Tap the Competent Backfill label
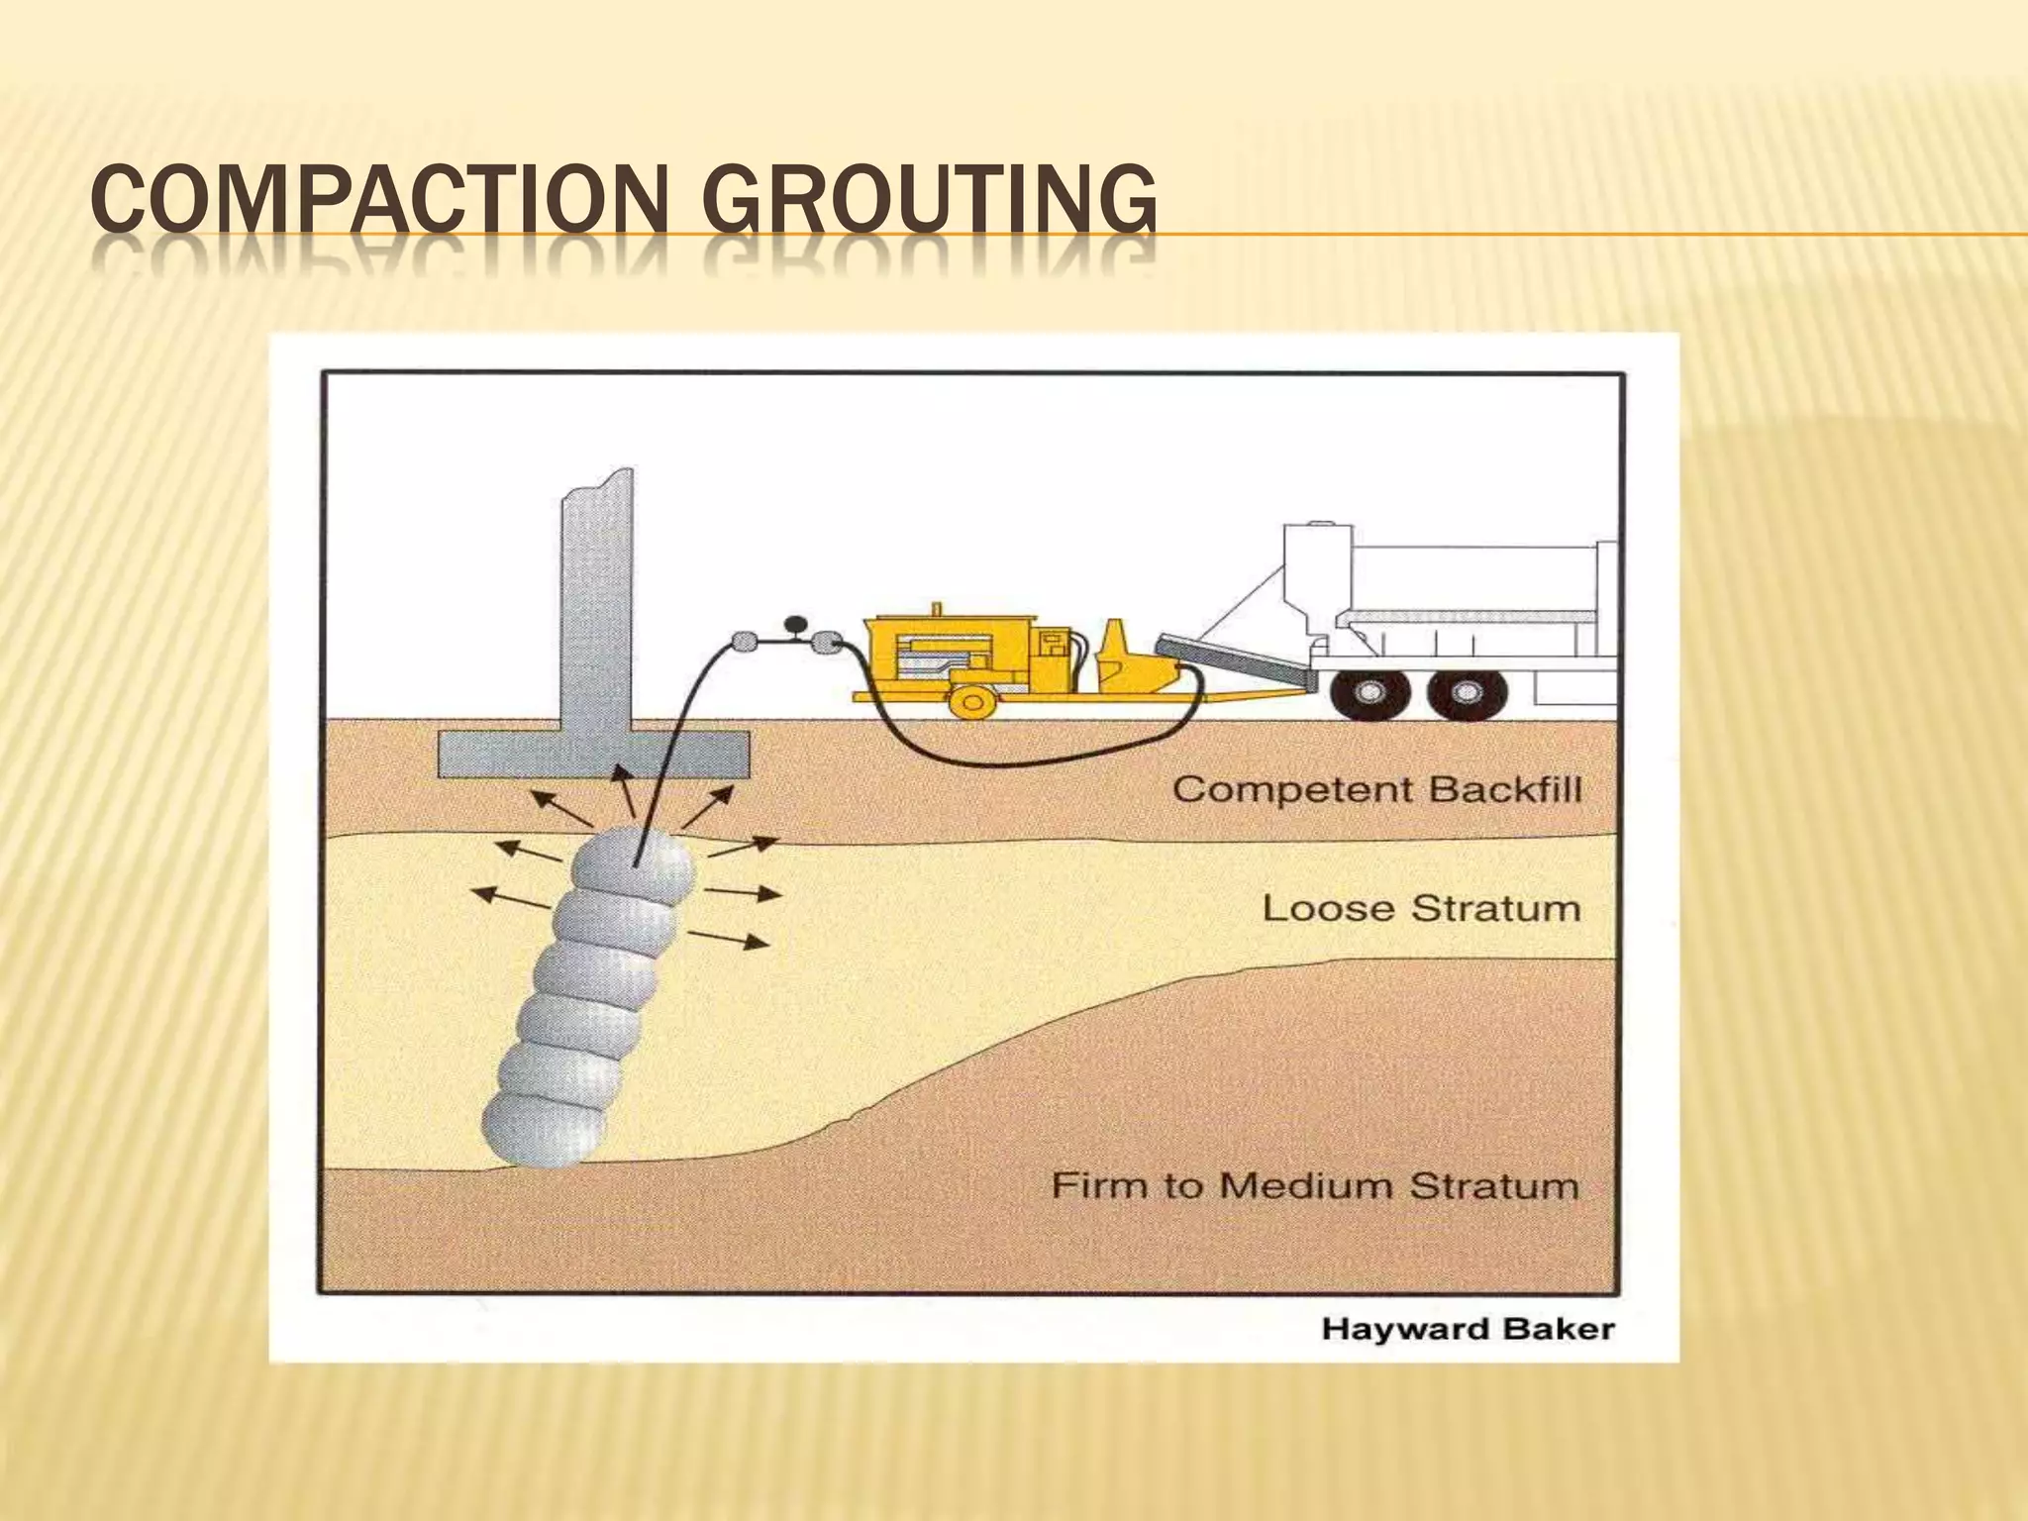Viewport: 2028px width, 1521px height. point(1377,790)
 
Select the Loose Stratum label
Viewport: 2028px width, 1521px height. point(1421,908)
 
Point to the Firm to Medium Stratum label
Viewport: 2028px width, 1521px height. point(1314,1185)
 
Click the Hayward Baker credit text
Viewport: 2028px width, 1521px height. point(1468,1329)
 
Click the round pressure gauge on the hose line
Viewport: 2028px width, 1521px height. point(794,625)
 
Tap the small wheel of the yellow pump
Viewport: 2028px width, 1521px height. point(971,701)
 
